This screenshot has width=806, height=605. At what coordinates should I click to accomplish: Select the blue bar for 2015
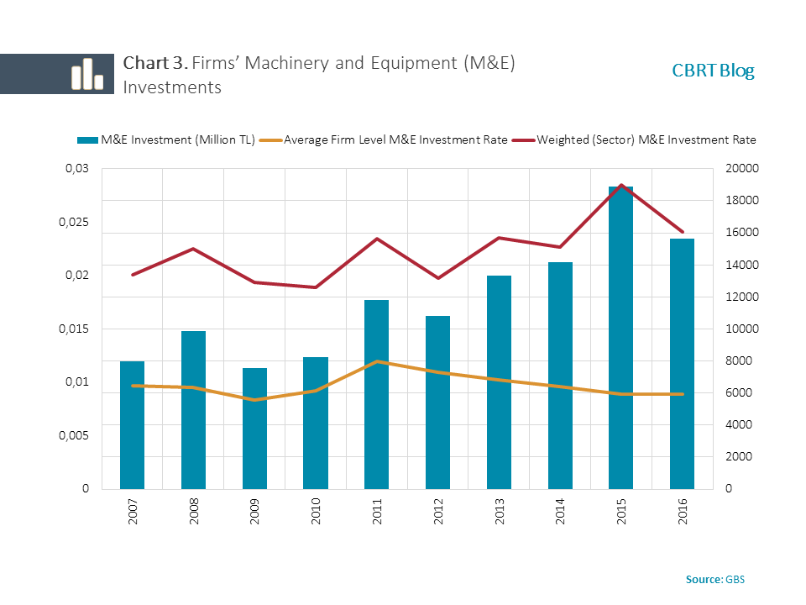pyautogui.click(x=620, y=336)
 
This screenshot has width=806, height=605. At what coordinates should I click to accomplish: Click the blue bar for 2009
pyautogui.click(x=254, y=429)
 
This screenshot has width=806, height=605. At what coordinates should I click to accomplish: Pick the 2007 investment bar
pyautogui.click(x=132, y=424)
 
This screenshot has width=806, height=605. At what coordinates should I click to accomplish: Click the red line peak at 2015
pyautogui.click(x=620, y=185)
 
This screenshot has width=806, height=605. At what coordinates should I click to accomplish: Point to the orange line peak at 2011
pyautogui.click(x=376, y=361)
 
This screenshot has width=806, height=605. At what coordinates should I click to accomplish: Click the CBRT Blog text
pyautogui.click(x=713, y=71)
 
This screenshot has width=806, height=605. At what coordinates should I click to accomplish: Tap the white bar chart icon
pyautogui.click(x=86, y=75)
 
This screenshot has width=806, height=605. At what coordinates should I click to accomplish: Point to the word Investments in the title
pyautogui.click(x=172, y=87)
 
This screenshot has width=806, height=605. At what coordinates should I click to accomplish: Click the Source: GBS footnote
pyautogui.click(x=714, y=579)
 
